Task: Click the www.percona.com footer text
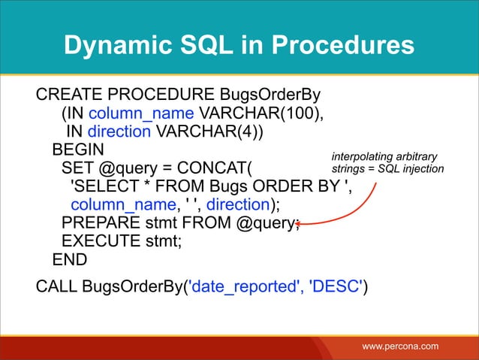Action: tap(400, 346)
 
